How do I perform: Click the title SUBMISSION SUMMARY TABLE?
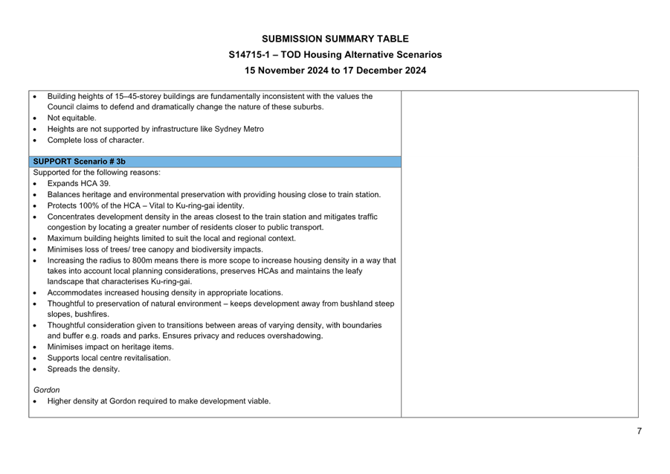pos(335,39)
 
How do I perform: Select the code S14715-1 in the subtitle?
pos(250,55)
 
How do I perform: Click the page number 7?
pos(639,430)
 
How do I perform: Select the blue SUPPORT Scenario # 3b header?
pos(215,161)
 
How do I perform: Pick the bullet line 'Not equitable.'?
pos(72,118)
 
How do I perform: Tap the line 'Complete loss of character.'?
pos(96,140)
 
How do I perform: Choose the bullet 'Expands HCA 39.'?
pos(79,183)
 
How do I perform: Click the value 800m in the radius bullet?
pos(135,260)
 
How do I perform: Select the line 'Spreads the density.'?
pos(83,369)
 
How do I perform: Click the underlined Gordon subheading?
pos(47,390)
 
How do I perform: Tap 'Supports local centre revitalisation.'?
pos(109,358)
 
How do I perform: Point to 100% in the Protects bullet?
pos(88,205)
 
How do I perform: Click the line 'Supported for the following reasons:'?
pos(97,173)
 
